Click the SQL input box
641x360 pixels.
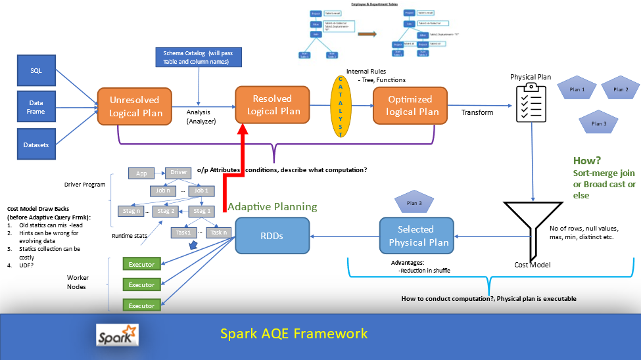click(36, 71)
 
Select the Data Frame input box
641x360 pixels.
click(36, 107)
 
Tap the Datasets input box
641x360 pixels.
click(36, 145)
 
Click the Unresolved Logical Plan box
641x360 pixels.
click(135, 106)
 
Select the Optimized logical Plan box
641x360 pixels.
click(412, 105)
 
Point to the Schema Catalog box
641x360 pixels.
click(199, 57)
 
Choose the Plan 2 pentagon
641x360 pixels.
click(620, 89)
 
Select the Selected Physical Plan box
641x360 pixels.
click(415, 236)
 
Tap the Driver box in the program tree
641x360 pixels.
click(179, 173)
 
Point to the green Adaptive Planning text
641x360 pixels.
click(272, 207)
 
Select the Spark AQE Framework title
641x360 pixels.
click(294, 334)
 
